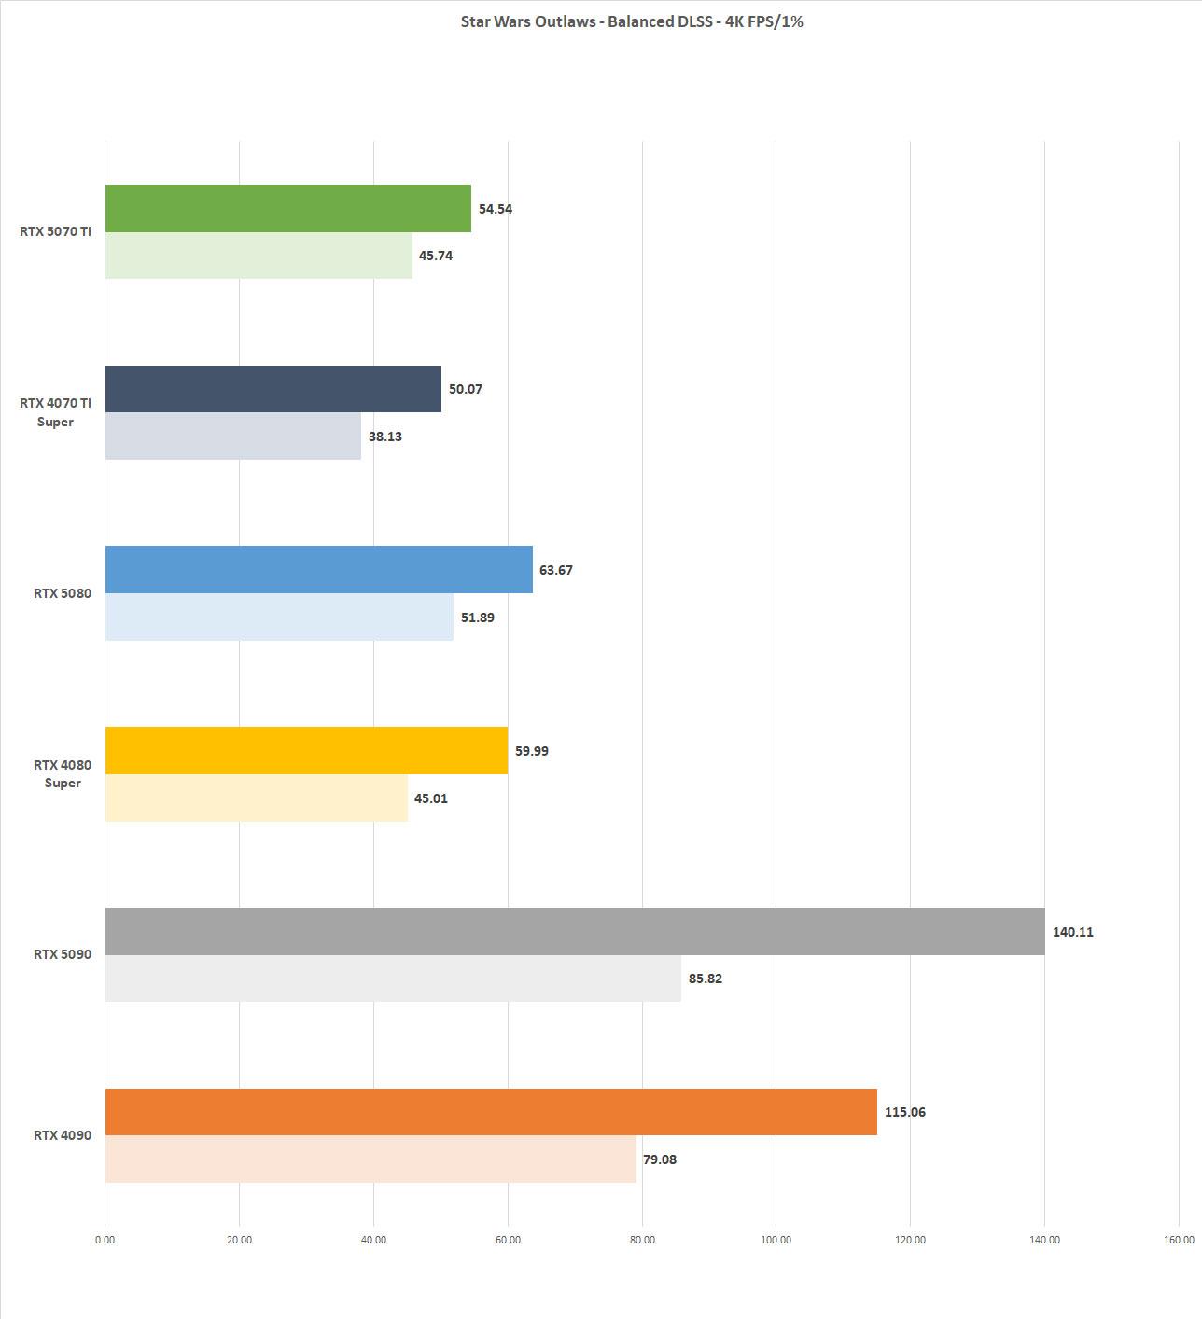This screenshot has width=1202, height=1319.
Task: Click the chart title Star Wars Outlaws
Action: (x=632, y=21)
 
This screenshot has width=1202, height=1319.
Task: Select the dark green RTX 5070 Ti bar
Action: (x=287, y=208)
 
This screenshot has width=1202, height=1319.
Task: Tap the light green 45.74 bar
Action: (x=259, y=256)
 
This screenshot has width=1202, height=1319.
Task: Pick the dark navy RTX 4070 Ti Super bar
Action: (x=273, y=389)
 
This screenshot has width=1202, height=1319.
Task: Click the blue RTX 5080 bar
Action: (x=318, y=569)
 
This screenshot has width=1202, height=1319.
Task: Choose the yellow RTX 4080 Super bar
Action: (x=306, y=750)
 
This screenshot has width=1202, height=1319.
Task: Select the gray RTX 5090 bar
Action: (x=575, y=931)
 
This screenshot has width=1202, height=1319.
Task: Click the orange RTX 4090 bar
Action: (x=491, y=1112)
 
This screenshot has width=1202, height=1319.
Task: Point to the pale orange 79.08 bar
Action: (x=370, y=1159)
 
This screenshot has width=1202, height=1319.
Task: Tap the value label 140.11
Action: (x=1072, y=932)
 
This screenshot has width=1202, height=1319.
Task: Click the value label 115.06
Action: (x=904, y=1112)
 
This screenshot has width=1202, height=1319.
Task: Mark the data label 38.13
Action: (x=384, y=437)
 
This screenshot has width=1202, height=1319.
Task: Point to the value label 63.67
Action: (x=555, y=570)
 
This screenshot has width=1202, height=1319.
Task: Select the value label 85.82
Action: (x=705, y=979)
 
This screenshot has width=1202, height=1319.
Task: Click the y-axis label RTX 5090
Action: (x=63, y=954)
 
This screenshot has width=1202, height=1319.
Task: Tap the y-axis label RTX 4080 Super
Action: (x=63, y=773)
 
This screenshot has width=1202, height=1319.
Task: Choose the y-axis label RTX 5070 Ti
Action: (x=55, y=231)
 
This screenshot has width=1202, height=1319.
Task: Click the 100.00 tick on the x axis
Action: (x=776, y=1240)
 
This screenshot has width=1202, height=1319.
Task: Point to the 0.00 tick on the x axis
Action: (x=105, y=1240)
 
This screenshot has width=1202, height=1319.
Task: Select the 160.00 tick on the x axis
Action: (x=1179, y=1240)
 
